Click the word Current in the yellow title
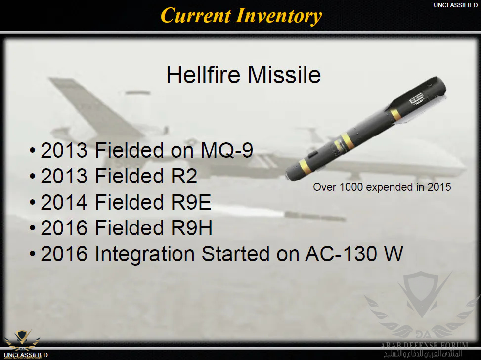pos(196,15)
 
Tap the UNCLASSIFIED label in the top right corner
pos(455,5)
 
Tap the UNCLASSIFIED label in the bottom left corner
pos(26,355)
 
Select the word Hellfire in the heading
pos(203,75)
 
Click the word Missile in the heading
pos(284,75)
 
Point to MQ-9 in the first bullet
pos(227,150)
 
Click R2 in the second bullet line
pos(184,176)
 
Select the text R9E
pos(191,202)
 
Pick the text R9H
pos(191,228)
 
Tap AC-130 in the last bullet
pos(341,254)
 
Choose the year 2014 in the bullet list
pos(64,202)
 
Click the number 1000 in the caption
pos(351,187)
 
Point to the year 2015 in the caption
pos(439,187)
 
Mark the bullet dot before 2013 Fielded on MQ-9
pos(33,151)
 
